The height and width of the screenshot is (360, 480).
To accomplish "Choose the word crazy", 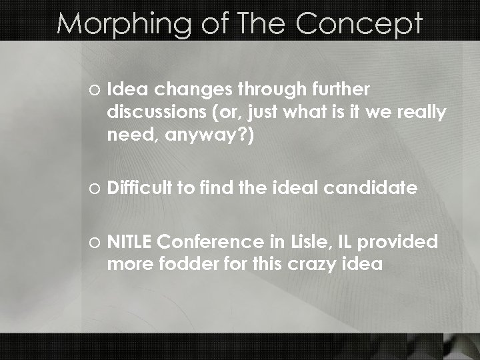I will click(x=309, y=263).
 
